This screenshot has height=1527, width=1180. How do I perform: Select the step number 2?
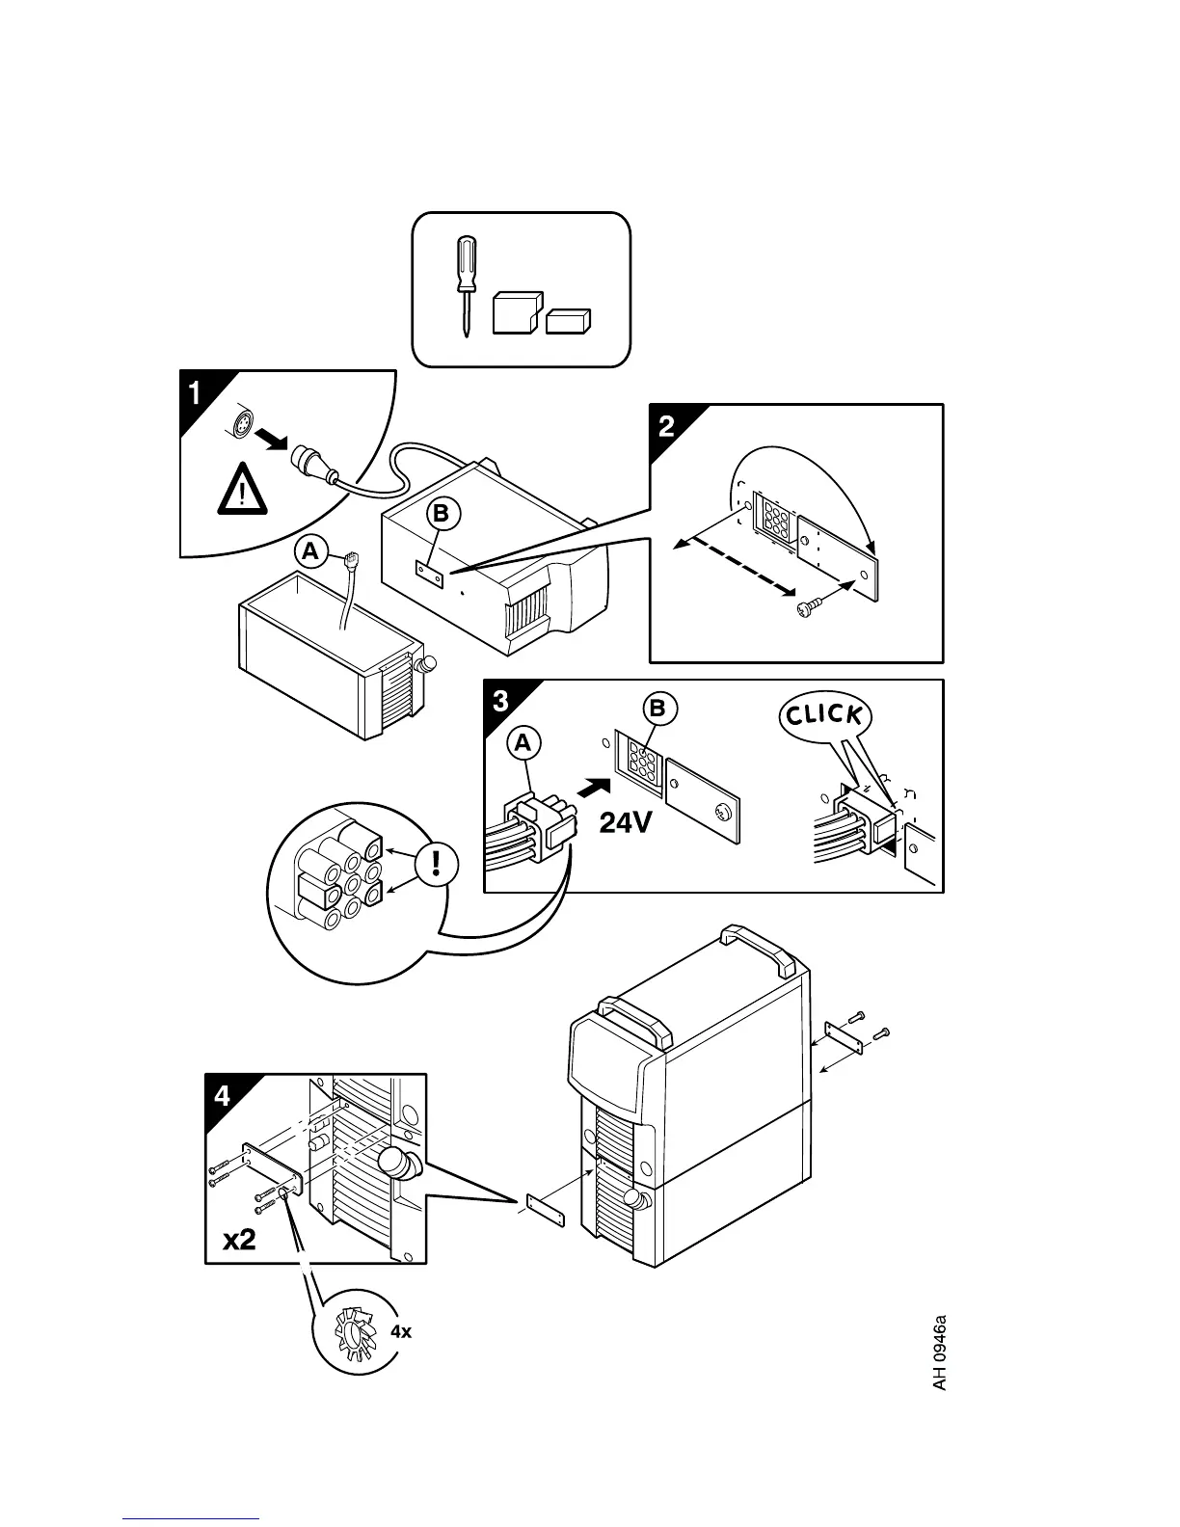click(666, 427)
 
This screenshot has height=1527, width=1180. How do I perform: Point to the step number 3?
click(499, 702)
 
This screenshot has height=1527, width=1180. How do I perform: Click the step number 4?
click(223, 1096)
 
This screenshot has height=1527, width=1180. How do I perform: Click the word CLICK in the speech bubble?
click(823, 714)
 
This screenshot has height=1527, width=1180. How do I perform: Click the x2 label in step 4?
click(240, 1239)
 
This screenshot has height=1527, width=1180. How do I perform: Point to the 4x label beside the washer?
click(400, 1331)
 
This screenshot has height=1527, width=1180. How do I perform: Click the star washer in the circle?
click(353, 1334)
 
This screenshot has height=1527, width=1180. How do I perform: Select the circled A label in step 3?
click(523, 743)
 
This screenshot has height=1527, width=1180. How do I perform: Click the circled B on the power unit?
click(441, 516)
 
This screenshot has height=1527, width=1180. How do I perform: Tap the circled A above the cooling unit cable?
click(309, 551)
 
